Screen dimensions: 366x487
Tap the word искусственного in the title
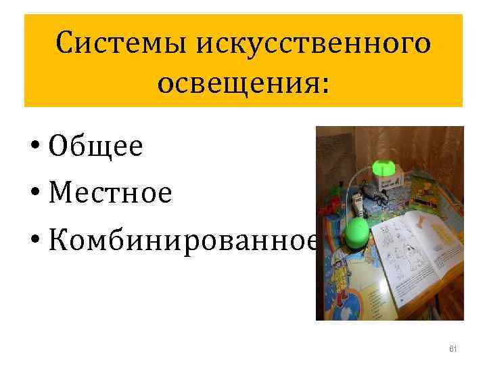312,45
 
